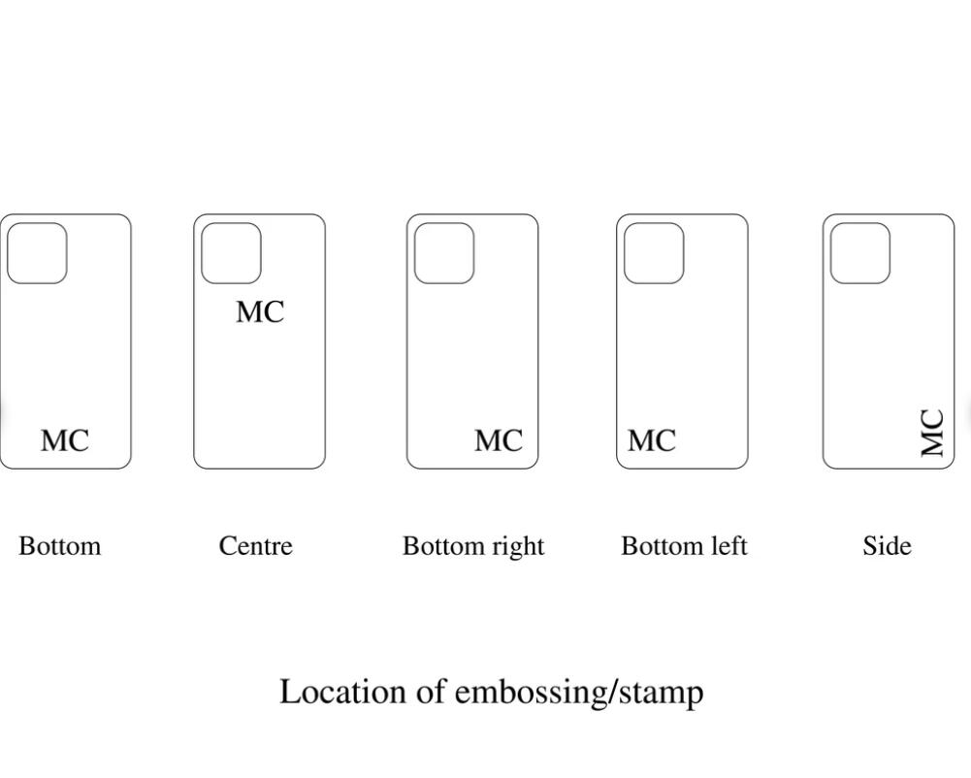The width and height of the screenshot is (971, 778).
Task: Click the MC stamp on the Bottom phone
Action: coord(65,440)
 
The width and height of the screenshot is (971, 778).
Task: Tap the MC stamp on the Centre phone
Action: coord(260,311)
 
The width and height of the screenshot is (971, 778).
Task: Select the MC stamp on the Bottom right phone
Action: coord(499,440)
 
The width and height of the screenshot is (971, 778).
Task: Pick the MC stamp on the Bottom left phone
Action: coord(651,440)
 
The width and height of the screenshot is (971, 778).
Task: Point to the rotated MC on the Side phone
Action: coord(932,433)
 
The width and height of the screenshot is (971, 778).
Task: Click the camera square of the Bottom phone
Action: coord(37,253)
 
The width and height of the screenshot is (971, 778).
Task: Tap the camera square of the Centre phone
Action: coord(231,253)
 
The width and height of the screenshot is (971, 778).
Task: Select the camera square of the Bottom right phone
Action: coord(444,253)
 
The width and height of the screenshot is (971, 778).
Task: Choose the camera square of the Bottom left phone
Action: coord(654,253)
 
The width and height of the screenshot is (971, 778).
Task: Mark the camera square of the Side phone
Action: coord(860,253)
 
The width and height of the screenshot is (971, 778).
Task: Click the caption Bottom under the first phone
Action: coord(59,546)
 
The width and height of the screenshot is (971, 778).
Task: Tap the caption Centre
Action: coord(255,546)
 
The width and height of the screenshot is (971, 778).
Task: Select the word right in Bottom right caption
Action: coord(519,547)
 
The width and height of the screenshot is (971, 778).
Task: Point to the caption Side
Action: coord(887,546)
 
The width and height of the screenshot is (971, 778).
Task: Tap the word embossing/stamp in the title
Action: coord(579,694)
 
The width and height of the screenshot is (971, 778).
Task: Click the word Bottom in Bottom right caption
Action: coord(443,546)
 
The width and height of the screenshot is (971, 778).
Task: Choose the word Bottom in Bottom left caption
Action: coord(662,546)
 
